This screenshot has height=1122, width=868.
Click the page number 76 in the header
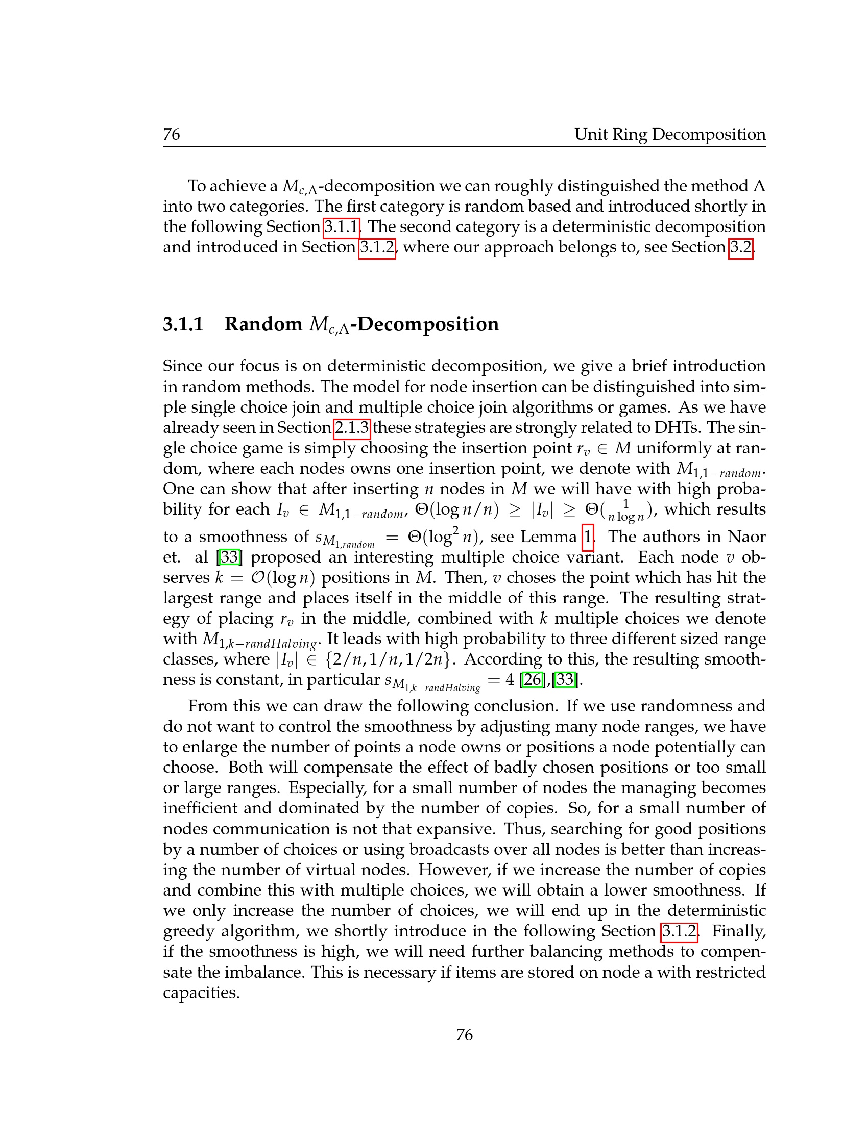171,134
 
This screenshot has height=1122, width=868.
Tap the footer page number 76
464,1034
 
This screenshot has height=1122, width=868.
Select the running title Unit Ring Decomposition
669,134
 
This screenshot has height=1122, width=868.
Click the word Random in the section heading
263,324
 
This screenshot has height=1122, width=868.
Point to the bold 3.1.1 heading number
183,324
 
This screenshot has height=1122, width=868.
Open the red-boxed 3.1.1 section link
341,226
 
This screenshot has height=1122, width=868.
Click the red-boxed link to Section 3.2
740,248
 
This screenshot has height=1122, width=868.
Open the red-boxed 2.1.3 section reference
352,427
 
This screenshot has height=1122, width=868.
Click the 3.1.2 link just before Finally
679,931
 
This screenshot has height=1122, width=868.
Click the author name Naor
746,537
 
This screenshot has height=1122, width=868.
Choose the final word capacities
201,992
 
